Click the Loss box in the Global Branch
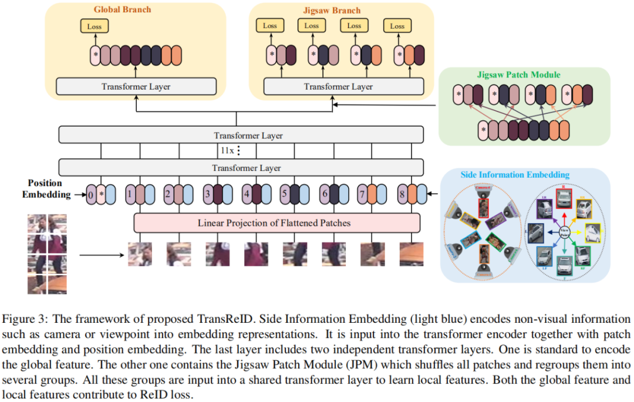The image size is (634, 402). [x=95, y=26]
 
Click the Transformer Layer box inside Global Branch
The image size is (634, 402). [x=136, y=86]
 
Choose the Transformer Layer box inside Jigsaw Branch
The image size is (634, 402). [x=338, y=86]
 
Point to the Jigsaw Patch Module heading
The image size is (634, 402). [x=518, y=75]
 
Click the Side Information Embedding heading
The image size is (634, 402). [x=514, y=174]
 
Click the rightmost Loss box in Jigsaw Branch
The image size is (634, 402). [x=397, y=26]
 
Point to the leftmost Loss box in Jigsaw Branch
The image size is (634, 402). [x=270, y=26]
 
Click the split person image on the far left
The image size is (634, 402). [x=46, y=254]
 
